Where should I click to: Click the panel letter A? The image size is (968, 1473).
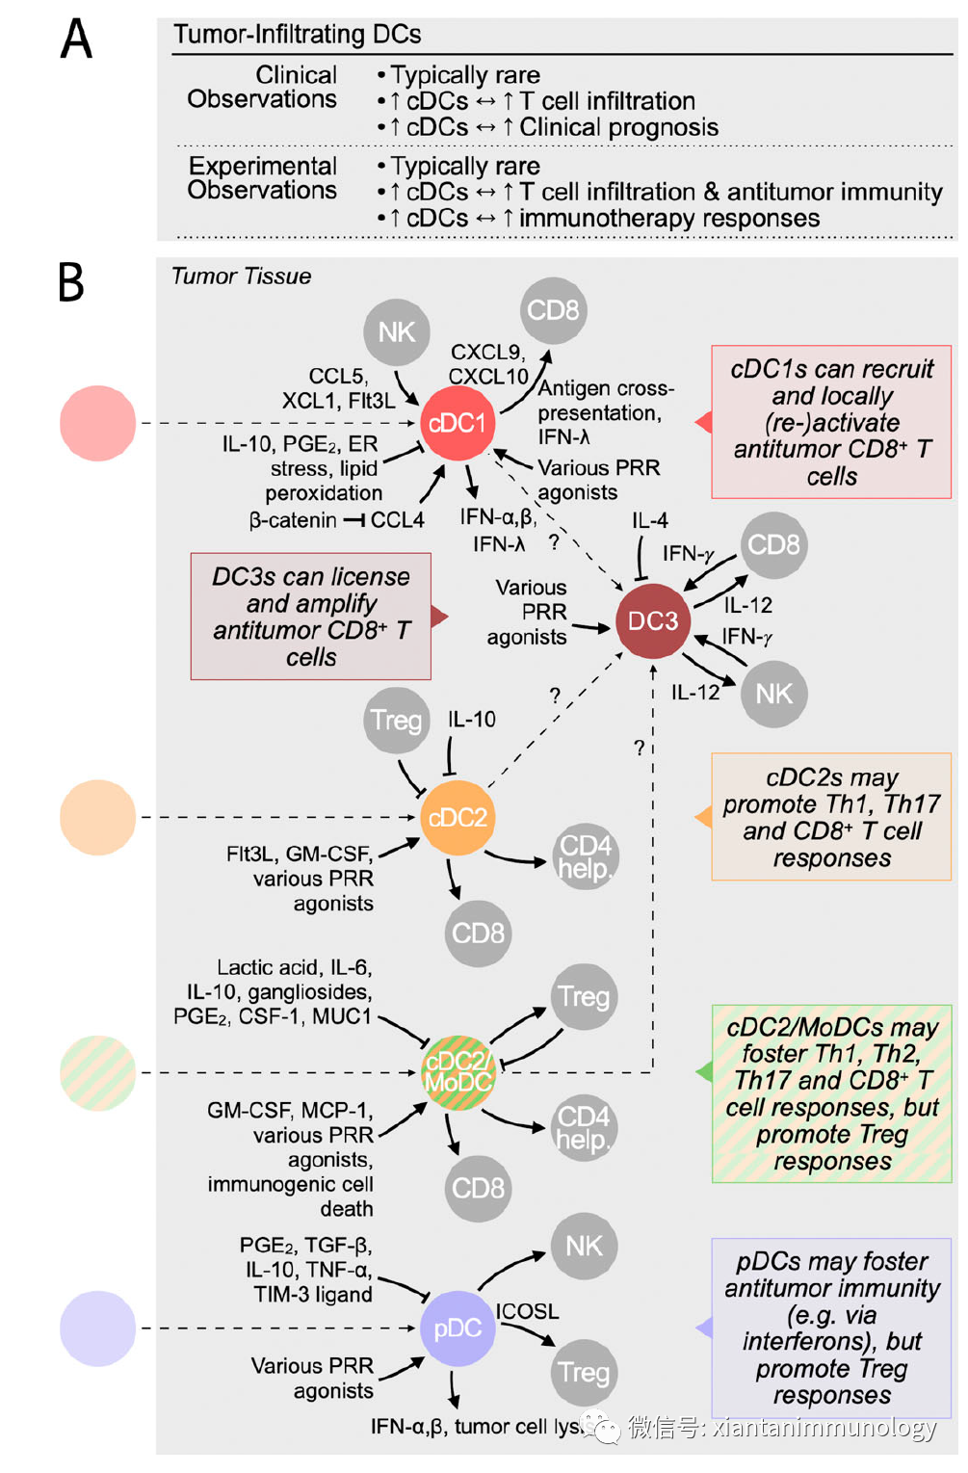pos(76,39)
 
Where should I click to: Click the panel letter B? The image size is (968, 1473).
pos(71,282)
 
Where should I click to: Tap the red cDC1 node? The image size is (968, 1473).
pos(457,423)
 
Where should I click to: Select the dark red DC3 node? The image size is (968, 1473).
pos(653,621)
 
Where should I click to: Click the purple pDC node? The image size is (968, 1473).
pos(457,1328)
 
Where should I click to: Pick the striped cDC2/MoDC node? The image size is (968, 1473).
pos(458,1072)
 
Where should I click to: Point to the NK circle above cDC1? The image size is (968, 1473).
pos(396,332)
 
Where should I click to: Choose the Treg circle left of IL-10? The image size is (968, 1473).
pos(396,720)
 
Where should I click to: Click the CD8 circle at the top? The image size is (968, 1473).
pos(554,310)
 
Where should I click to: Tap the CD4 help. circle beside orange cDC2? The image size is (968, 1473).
pos(585,856)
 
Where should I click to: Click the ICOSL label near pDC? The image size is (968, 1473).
pos(527,1311)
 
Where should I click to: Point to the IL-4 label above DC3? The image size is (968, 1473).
pos(650,521)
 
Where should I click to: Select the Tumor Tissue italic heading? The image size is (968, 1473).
pos(241,276)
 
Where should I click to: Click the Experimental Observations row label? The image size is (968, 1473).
pos(262,178)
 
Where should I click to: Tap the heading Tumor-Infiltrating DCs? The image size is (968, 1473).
pos(297,35)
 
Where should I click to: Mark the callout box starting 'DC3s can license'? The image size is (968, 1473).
pos(311,617)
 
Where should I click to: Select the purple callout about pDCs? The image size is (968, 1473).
pos(831,1328)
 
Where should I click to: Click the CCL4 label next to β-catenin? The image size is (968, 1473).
pos(397,520)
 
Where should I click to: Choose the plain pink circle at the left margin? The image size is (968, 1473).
pos(97,423)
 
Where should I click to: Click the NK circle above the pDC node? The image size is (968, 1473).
pos(584,1246)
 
